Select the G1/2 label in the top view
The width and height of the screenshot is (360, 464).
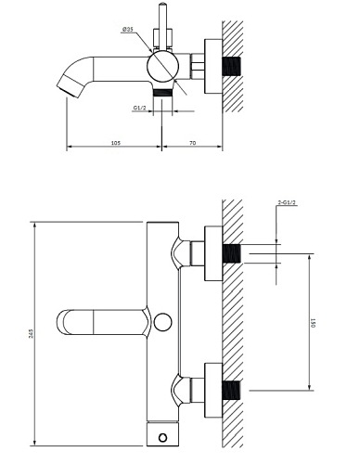141,108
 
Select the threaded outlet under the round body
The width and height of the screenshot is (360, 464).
164,93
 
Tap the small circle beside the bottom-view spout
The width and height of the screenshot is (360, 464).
163,322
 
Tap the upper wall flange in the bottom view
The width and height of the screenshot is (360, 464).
213,252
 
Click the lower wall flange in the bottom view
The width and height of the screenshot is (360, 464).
213,390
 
